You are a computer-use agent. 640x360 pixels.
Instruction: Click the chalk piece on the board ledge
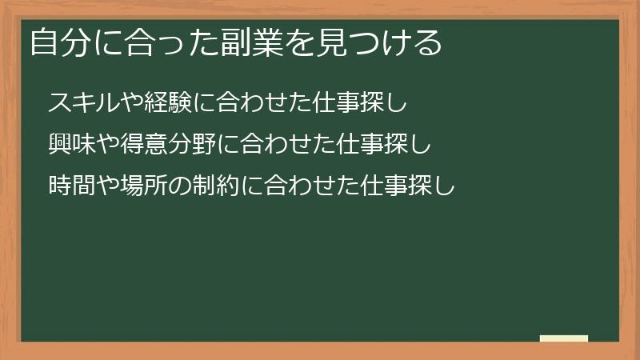click(564, 338)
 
